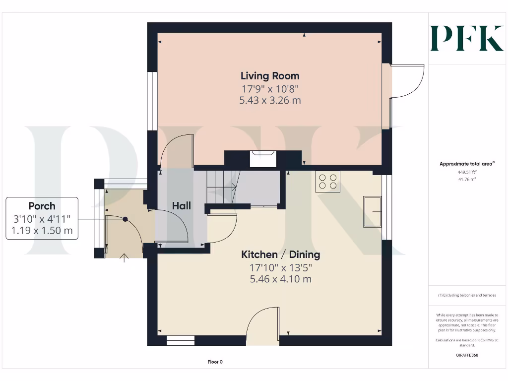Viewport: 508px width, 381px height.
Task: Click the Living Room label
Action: point(270,76)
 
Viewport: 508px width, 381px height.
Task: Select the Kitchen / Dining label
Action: point(280,254)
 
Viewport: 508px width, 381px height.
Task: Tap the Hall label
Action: point(181,205)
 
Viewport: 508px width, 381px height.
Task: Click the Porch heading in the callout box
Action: point(42,206)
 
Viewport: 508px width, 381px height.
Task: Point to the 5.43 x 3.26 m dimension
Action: point(270,100)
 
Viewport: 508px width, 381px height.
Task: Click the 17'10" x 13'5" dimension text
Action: point(280,267)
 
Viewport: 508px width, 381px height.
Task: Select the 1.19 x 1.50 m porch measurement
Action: point(42,231)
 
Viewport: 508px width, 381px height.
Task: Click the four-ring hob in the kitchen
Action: point(327,181)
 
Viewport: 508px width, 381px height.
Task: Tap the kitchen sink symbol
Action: point(372,211)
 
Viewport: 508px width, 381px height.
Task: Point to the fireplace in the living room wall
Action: point(263,159)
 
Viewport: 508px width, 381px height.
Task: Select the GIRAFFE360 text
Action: point(466,355)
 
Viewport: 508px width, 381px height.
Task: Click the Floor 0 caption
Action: point(215,362)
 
